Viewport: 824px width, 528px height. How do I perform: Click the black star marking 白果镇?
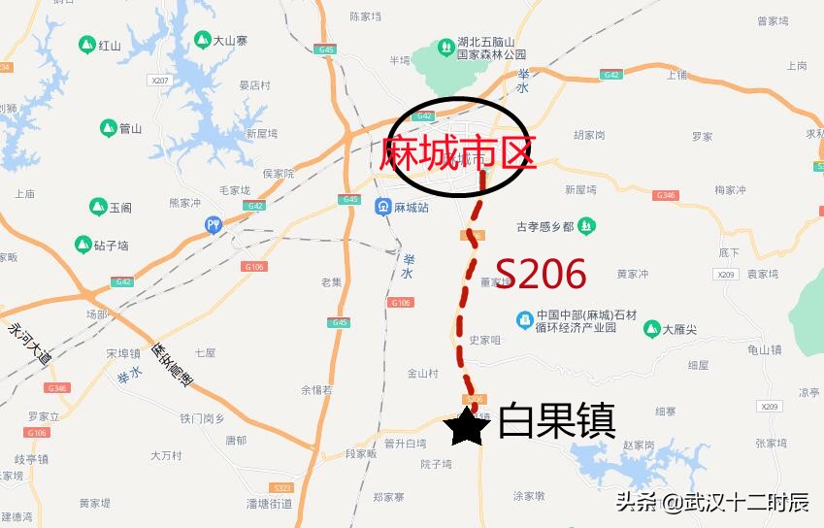click(468, 426)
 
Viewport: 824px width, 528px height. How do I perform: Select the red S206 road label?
click(541, 275)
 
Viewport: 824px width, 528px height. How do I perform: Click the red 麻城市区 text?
click(458, 152)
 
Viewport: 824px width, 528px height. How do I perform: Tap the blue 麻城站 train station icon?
click(382, 207)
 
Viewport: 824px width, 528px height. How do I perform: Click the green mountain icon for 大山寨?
click(202, 41)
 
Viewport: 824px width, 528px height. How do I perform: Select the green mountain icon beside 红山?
click(86, 46)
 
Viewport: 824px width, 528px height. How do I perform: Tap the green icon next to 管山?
click(107, 127)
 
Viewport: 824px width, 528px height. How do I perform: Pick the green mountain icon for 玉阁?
click(97, 207)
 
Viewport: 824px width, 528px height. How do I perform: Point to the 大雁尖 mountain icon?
click(651, 330)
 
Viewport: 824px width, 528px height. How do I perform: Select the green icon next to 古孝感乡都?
click(586, 227)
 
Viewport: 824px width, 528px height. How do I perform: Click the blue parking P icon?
click(214, 225)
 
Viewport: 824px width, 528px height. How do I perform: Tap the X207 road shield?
click(160, 80)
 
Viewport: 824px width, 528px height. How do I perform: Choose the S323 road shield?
click(282, 486)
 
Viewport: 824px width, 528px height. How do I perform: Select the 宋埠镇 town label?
click(124, 353)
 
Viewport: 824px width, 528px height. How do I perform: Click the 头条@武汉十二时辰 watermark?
click(712, 501)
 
